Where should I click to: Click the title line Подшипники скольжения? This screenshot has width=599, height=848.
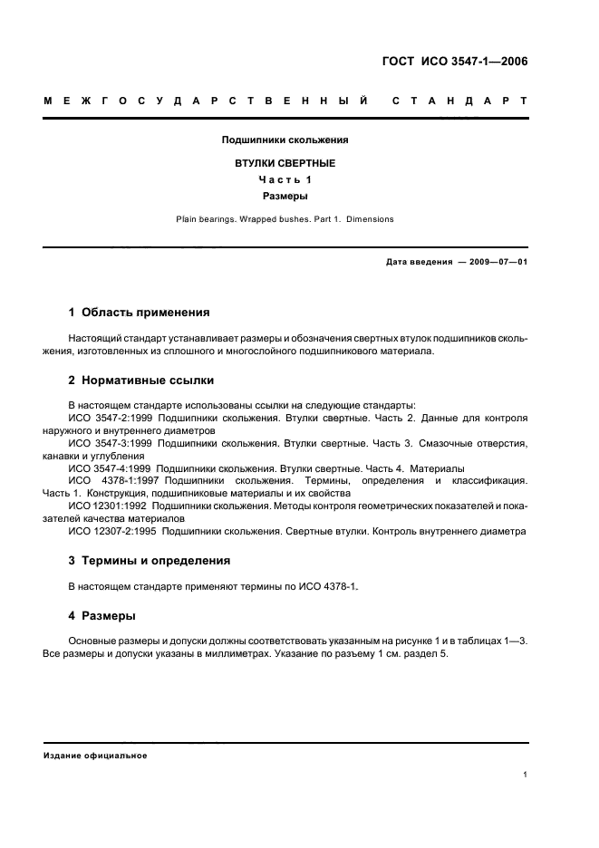point(285,140)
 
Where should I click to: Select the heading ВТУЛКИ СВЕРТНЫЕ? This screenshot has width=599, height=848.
point(285,163)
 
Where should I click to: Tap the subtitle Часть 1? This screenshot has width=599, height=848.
point(285,179)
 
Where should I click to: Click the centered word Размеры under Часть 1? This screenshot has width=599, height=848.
point(285,195)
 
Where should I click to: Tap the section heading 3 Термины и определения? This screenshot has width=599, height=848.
point(150,561)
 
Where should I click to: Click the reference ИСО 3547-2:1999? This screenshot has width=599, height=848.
point(111,419)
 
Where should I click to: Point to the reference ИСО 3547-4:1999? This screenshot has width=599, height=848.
point(111,468)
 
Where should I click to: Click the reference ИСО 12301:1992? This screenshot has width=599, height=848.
point(106,506)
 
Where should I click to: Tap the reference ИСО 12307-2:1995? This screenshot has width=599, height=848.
point(111,531)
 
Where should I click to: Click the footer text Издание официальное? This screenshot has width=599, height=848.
point(95,755)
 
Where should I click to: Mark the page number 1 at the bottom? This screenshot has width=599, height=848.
point(526,775)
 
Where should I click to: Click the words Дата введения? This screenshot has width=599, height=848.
point(419,262)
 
